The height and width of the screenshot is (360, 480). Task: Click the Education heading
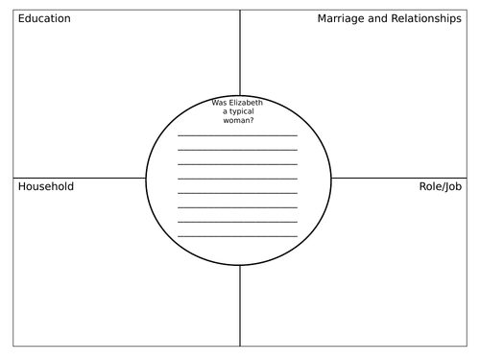pyautogui.click(x=44, y=19)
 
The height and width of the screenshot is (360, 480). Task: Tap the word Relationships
pyautogui.click(x=424, y=19)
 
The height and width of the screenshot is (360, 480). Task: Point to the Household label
pyautogui.click(x=46, y=186)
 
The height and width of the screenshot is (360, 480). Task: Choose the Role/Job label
pyautogui.click(x=441, y=186)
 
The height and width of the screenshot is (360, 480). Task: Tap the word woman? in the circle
pyautogui.click(x=239, y=123)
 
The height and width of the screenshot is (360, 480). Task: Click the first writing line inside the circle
pyautogui.click(x=238, y=135)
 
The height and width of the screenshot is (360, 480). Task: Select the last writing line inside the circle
pyautogui.click(x=238, y=236)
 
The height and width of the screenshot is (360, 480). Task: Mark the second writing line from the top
pyautogui.click(x=238, y=150)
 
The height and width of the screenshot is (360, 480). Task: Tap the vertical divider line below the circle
pyautogui.click(x=240, y=307)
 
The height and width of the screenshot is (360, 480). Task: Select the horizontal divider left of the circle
pyautogui.click(x=77, y=178)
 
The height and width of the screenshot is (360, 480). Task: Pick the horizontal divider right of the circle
pyautogui.click(x=403, y=178)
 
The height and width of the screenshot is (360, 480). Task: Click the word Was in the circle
pyautogui.click(x=219, y=103)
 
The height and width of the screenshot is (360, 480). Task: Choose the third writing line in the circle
pyautogui.click(x=238, y=164)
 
